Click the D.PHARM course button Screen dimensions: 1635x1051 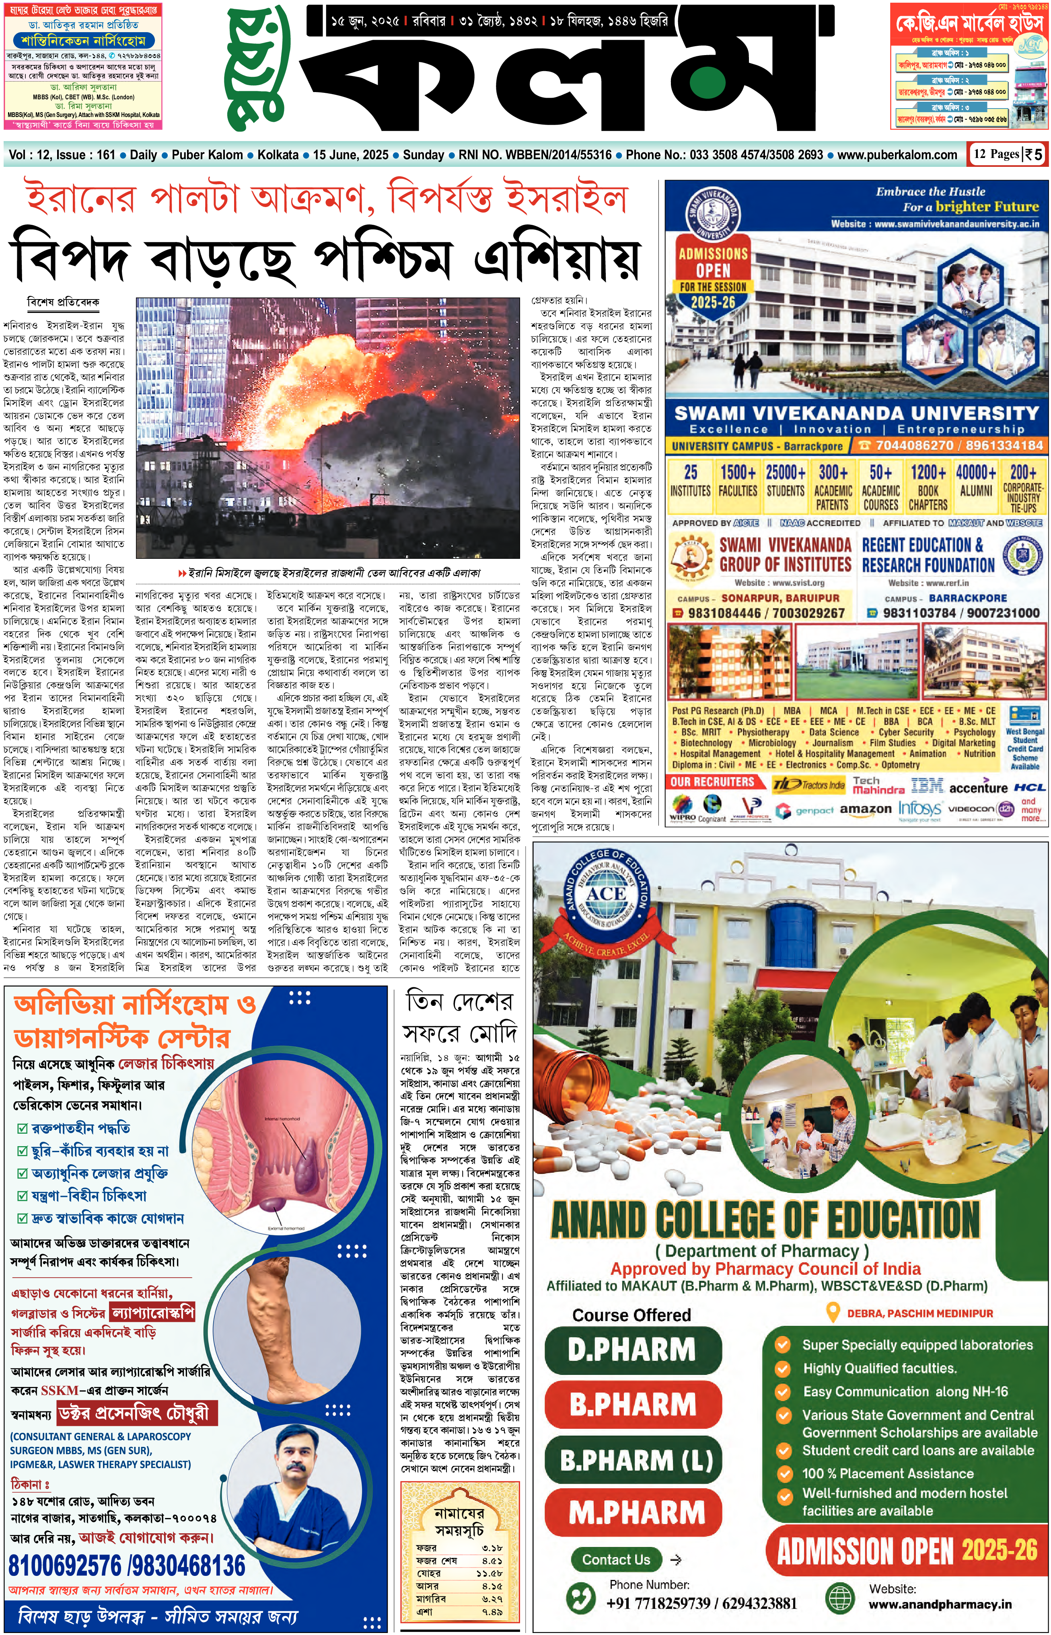tap(633, 1349)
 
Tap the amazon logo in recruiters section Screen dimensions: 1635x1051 tap(865, 809)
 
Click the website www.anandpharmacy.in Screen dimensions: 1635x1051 tap(940, 1604)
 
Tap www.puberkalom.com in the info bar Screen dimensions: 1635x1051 tap(897, 155)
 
